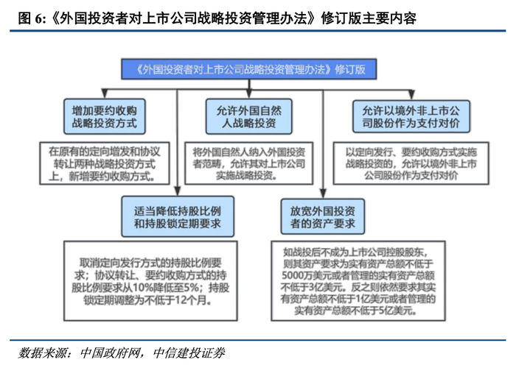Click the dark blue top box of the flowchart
pyautogui.click(x=249, y=69)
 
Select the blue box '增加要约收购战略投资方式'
pyautogui.click(x=105, y=116)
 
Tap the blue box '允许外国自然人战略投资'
pyautogui.click(x=249, y=116)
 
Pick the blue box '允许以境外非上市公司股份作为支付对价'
pyautogui.click(x=411, y=116)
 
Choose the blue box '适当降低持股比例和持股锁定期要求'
pyautogui.click(x=178, y=217)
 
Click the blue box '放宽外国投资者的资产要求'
pyautogui.click(x=323, y=217)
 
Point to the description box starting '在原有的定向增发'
pyautogui.click(x=105, y=163)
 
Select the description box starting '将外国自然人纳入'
pyautogui.click(x=249, y=163)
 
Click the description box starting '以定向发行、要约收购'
pyautogui.click(x=411, y=163)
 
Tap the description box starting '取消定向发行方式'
pyautogui.click(x=150, y=281)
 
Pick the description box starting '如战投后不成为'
pyautogui.click(x=358, y=281)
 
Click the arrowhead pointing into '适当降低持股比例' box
pyautogui.click(x=178, y=191)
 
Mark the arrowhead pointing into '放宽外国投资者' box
pyautogui.click(x=323, y=194)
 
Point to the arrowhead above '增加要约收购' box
pyautogui.click(x=105, y=93)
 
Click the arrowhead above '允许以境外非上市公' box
pyautogui.click(x=411, y=95)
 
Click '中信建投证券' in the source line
pyautogui.click(x=189, y=353)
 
